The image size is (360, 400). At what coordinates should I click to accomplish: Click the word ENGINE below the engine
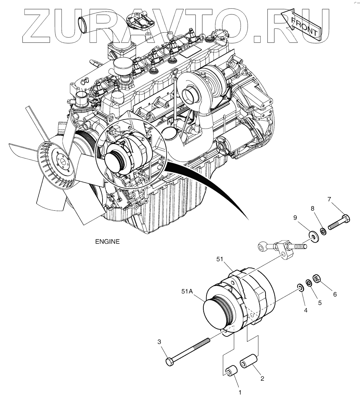107,242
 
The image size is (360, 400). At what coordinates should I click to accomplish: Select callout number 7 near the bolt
329,199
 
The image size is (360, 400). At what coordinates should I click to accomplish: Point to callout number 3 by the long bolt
159,342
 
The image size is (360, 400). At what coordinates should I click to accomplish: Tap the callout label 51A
187,292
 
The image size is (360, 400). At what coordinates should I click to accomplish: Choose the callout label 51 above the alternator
220,259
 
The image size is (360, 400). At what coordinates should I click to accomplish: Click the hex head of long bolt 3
170,362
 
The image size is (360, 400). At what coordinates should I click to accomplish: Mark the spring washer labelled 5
309,283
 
